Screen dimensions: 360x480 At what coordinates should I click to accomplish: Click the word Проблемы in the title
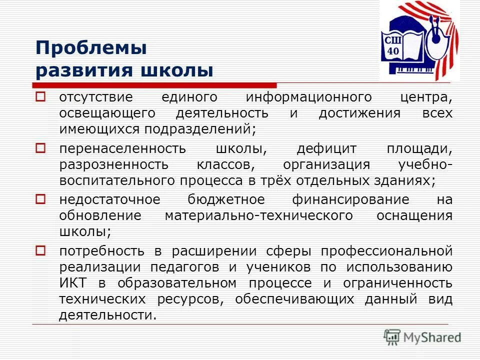[91, 48]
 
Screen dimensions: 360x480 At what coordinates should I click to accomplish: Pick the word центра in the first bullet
[425, 96]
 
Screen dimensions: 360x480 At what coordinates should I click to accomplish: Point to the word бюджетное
[226, 200]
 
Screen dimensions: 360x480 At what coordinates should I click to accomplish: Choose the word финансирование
[350, 200]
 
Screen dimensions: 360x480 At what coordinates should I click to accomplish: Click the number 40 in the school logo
[393, 51]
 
